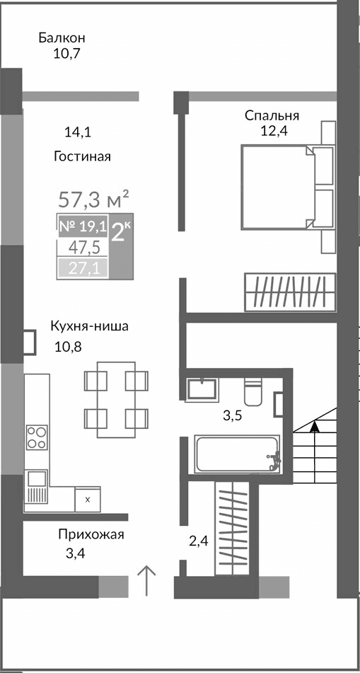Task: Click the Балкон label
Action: coord(62,38)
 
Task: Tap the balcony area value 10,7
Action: coord(66,53)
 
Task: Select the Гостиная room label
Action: coord(82,156)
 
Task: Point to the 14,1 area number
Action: coord(77,132)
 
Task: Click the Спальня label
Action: coord(272,115)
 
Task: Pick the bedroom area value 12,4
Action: coord(275,130)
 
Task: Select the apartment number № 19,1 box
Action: coord(82,226)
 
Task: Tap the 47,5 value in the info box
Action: coord(83,247)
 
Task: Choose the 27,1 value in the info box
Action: coord(83,268)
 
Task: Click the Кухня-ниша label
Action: coord(89,326)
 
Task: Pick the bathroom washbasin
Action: coord(204,390)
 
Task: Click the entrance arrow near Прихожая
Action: coord(146,581)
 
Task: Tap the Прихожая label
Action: coord(91,534)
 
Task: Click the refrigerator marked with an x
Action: coord(87,499)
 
